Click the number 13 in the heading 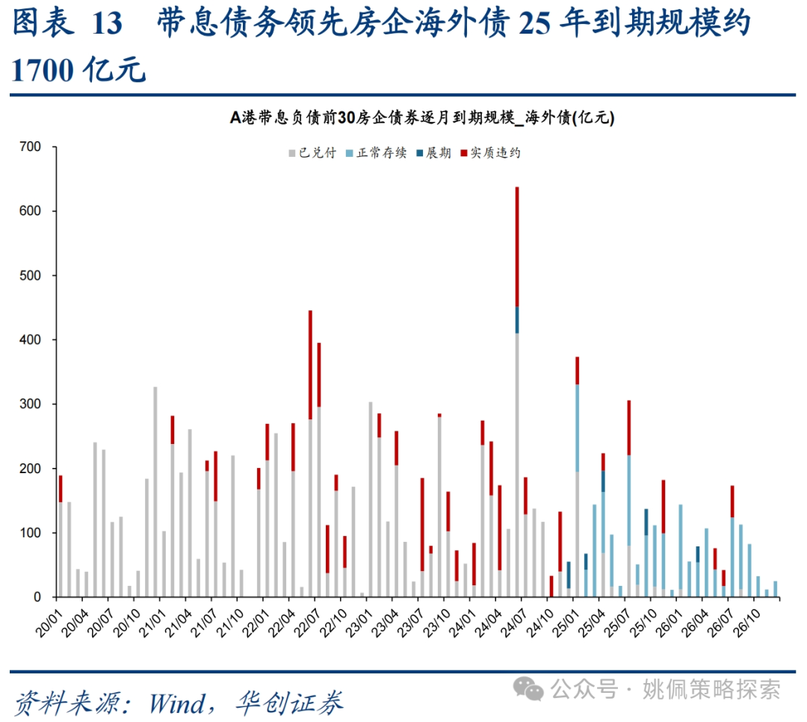click(107, 25)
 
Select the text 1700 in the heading click(41, 70)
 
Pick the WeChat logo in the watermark click(533, 688)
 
